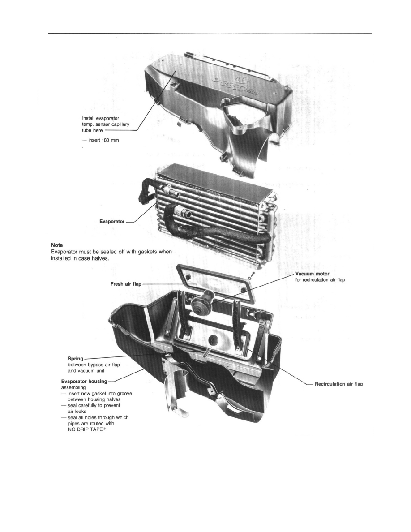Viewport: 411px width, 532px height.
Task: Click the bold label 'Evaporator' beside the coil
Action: click(112, 222)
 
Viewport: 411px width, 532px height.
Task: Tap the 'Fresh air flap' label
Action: click(126, 284)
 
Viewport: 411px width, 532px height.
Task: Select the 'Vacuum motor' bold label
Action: click(312, 274)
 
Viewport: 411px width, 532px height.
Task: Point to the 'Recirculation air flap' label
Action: click(339, 384)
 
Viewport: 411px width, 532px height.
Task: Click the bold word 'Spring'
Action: click(76, 359)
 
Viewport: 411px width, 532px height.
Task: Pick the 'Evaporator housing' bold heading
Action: click(84, 382)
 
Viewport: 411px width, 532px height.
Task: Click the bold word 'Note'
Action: click(57, 245)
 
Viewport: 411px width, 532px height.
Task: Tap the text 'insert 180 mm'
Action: click(103, 140)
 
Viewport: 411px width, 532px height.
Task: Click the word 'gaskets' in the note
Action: click(146, 252)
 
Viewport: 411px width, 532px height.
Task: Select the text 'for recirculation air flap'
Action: click(320, 280)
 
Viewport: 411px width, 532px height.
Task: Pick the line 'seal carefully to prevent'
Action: click(94, 405)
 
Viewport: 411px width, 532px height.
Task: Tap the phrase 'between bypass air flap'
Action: click(94, 365)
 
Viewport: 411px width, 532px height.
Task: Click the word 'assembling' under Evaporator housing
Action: click(73, 387)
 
